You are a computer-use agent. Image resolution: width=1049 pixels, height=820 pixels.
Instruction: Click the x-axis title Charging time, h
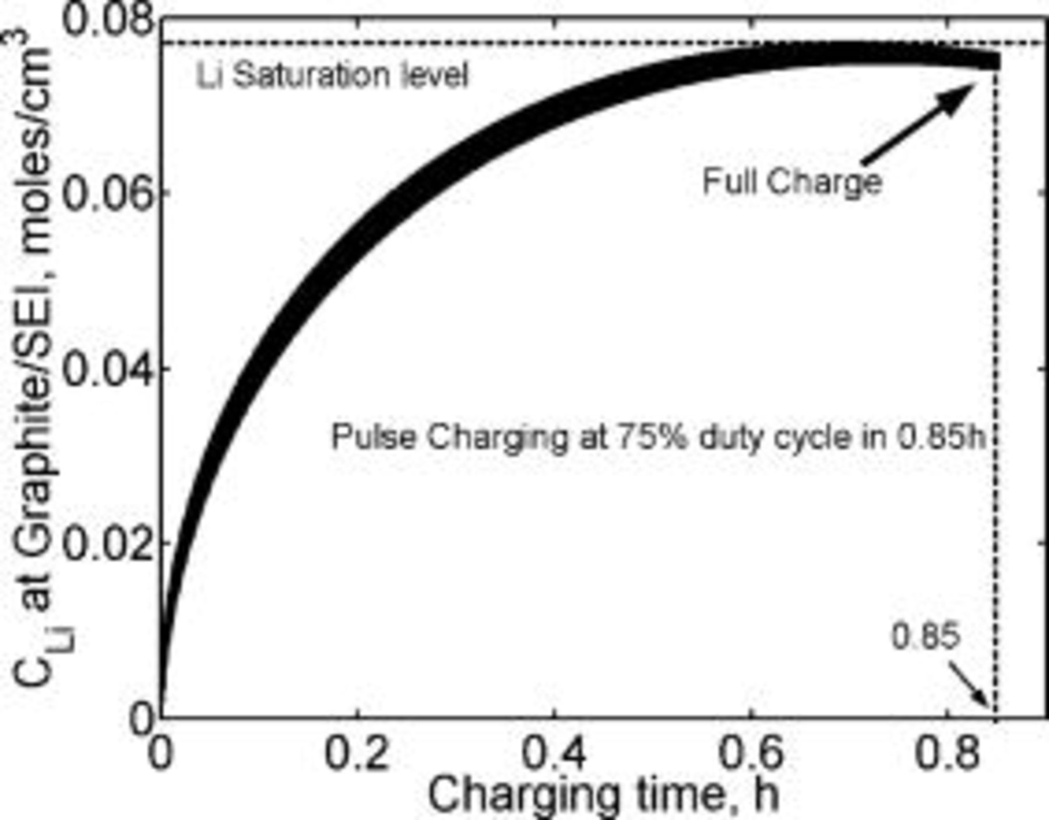[603, 794]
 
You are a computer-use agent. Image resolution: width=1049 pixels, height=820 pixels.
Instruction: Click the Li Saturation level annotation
[332, 76]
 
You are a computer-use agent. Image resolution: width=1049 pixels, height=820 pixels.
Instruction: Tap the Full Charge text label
[793, 182]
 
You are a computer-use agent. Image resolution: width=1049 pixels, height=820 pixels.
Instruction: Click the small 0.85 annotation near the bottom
[925, 636]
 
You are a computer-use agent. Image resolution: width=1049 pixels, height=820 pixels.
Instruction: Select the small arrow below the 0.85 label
[970, 685]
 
